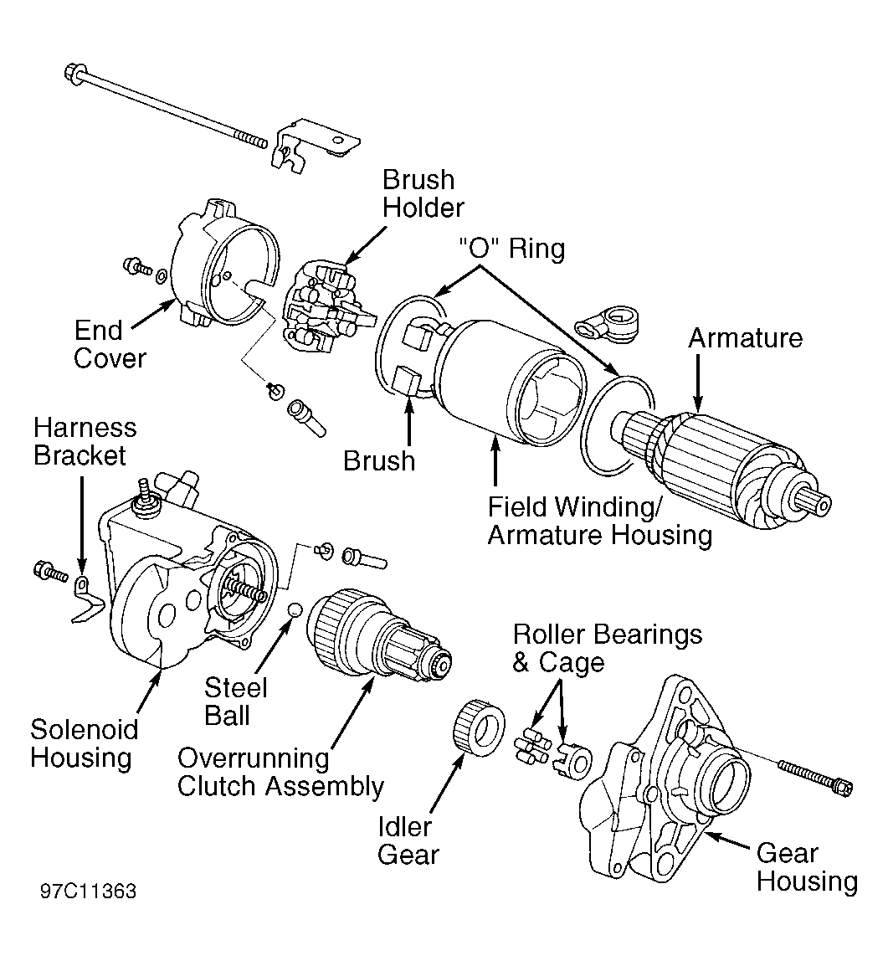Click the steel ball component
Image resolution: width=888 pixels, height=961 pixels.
tap(293, 609)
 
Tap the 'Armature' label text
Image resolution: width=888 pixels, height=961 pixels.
tap(745, 338)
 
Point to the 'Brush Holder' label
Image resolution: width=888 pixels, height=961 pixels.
tap(423, 193)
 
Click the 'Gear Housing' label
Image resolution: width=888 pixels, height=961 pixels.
tap(807, 868)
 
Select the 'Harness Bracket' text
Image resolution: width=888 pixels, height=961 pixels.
tap(85, 442)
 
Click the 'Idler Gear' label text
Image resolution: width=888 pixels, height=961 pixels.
tap(408, 840)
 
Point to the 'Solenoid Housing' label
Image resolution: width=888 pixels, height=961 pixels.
tap(85, 743)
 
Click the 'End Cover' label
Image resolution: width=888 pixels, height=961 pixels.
tap(110, 344)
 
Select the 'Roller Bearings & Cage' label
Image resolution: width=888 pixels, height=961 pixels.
tap(607, 648)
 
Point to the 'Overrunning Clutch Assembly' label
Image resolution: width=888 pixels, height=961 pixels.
tap(280, 773)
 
